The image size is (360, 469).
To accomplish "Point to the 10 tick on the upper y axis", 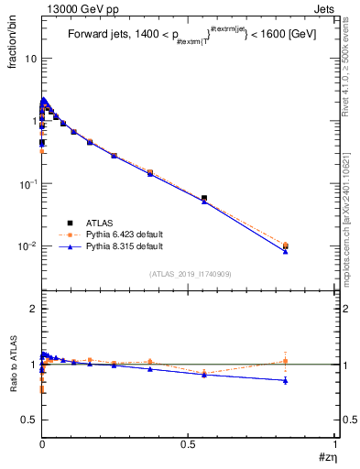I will [x=27, y=58].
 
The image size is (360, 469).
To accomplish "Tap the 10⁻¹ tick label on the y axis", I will [x=25, y=183].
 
